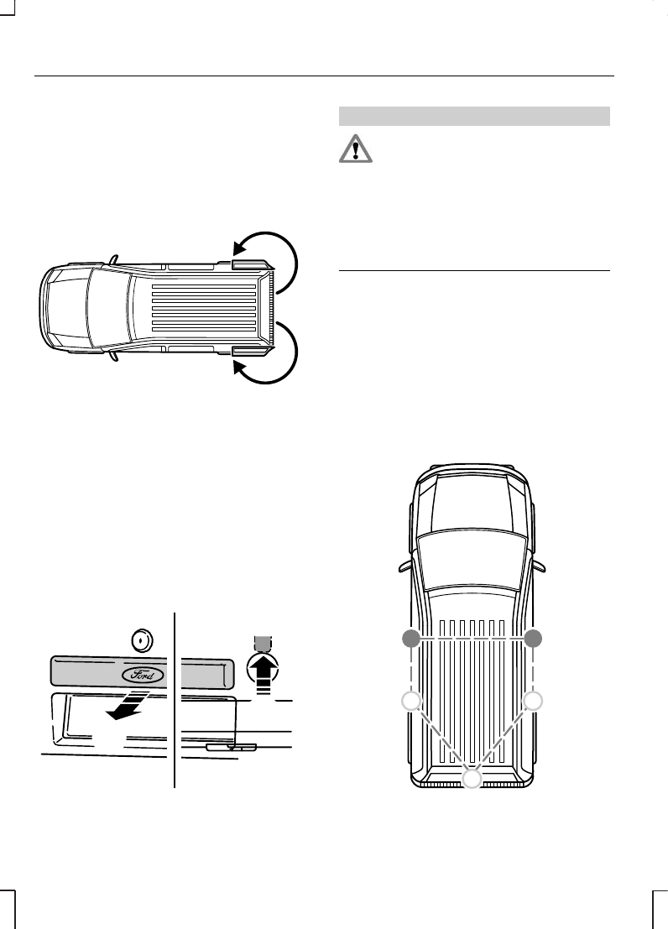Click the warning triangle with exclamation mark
point(357,149)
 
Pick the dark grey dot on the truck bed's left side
point(411,639)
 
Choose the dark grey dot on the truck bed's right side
point(531,639)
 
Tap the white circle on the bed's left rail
point(411,702)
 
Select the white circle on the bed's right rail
point(531,702)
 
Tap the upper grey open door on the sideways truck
point(249,264)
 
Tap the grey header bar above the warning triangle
point(473,116)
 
